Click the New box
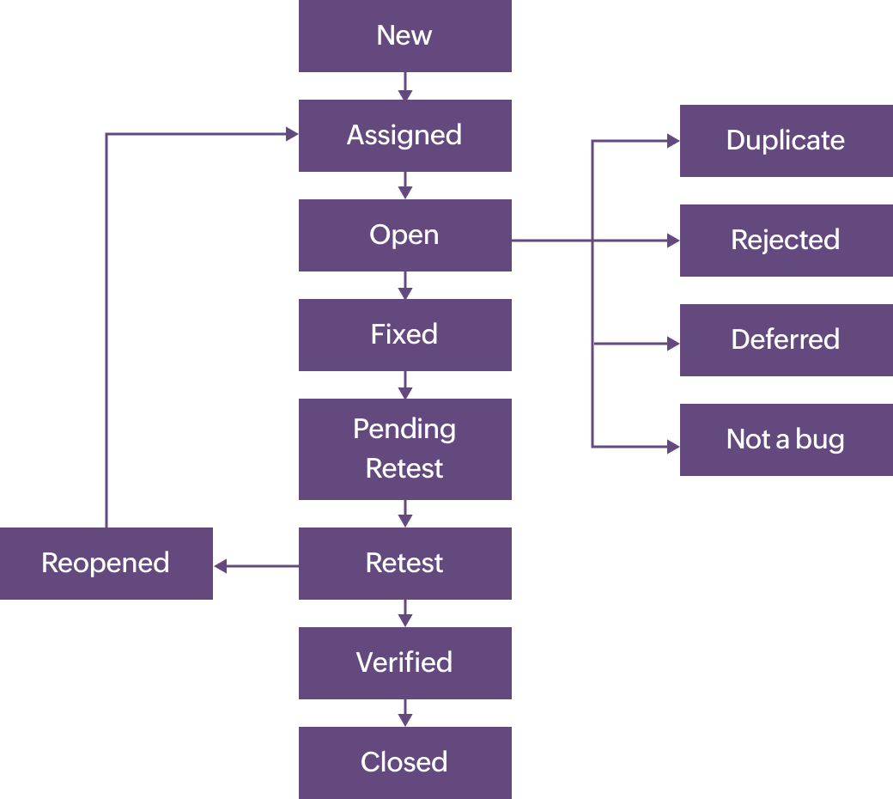(404, 35)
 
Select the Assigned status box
(404, 135)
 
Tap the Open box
(404, 235)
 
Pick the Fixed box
(404, 334)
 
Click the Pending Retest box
(404, 448)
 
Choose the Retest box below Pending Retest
(404, 563)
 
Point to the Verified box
(404, 662)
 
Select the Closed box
(404, 762)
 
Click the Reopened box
(106, 563)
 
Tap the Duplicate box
(786, 140)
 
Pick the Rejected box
(786, 240)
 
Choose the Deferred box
(786, 339)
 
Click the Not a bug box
(786, 439)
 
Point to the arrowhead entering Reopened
(220, 566)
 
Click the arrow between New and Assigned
(405, 86)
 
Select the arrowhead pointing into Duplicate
(674, 142)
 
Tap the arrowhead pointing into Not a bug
(674, 447)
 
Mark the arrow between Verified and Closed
(405, 713)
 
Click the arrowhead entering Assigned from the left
(293, 134)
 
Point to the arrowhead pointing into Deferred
(674, 344)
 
